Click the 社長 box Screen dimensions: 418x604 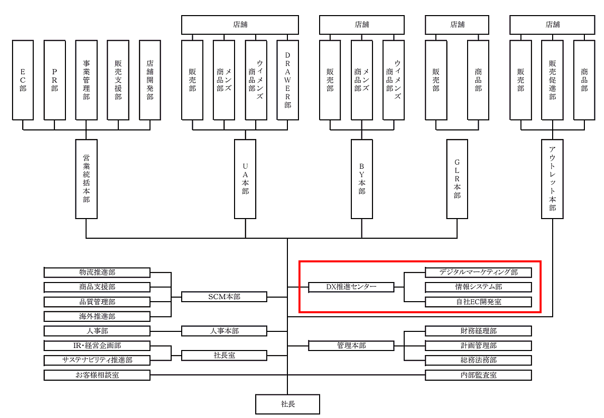287,404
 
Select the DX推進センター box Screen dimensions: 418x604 351,287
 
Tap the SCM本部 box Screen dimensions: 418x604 224,297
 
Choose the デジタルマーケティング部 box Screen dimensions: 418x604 478,272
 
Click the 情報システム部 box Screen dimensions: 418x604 478,287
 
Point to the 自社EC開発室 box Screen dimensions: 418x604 478,302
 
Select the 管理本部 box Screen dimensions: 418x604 351,346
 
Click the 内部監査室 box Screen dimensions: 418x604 478,375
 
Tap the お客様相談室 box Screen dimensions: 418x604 97,375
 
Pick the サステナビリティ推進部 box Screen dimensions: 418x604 97,361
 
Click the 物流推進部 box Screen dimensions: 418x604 97,272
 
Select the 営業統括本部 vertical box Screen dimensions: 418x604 86,179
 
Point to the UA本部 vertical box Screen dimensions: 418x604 245,179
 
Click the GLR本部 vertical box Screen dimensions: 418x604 457,179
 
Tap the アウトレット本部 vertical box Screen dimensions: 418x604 552,179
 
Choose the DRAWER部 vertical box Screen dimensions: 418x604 287,80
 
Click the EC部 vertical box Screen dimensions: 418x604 23,80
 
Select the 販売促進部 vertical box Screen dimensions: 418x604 552,80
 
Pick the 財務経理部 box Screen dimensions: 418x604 478,331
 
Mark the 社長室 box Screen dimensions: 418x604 224,356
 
